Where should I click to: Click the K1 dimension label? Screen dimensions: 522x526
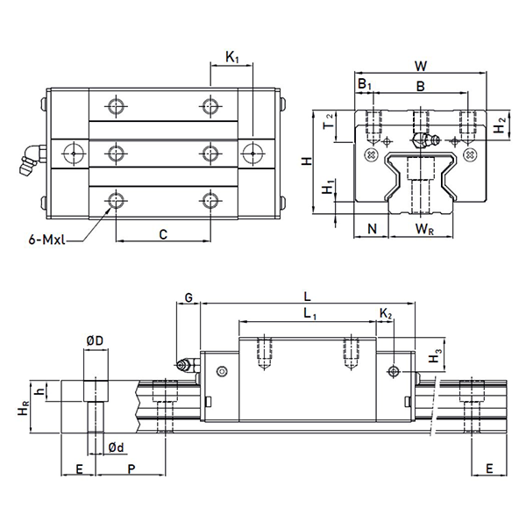[232, 58]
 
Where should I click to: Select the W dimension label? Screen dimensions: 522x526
[421, 66]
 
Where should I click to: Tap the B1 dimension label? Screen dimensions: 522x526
[365, 84]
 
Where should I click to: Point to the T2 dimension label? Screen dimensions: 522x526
[328, 121]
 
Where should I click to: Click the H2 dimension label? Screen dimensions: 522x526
[498, 128]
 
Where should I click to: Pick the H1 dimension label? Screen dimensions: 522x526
[327, 189]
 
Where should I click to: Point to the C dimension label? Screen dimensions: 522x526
[163, 233]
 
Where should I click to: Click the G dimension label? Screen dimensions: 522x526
[188, 298]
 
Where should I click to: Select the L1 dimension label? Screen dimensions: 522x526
[309, 312]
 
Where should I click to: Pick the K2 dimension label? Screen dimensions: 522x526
[387, 313]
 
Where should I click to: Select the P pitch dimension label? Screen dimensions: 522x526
[131, 470]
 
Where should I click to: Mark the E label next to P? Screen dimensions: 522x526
[79, 470]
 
